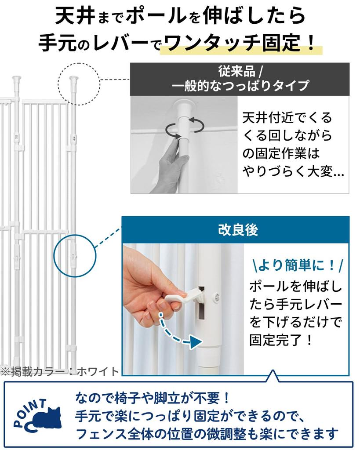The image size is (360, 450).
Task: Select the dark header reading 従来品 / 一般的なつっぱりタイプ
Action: [240, 79]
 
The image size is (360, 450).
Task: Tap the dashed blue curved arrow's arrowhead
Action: [195, 341]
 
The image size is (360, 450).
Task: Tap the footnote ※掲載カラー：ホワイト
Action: [60, 371]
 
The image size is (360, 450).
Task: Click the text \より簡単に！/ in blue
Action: [298, 265]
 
